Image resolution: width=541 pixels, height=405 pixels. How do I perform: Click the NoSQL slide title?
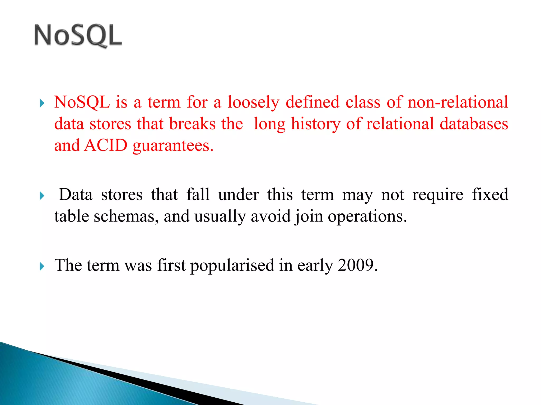coord(78,36)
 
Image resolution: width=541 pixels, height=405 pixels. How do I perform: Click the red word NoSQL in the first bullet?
coord(82,102)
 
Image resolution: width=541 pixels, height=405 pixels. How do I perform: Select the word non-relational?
coord(458,102)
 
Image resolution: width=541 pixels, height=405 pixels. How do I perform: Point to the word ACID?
coord(106,145)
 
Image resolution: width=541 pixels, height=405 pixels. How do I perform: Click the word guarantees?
coord(173,146)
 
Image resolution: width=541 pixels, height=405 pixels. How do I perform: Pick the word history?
coord(315,124)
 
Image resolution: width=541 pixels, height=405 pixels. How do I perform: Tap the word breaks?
coord(192,124)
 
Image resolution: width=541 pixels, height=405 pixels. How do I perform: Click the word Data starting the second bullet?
coord(76,195)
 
